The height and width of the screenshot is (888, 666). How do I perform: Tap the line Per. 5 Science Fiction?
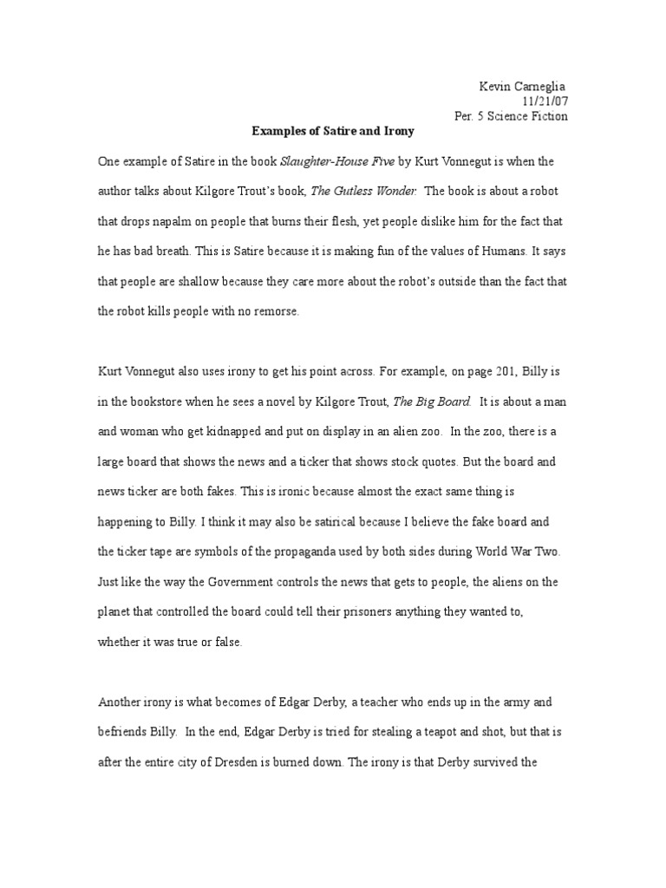click(x=511, y=116)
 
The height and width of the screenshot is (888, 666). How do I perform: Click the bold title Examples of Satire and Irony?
click(x=333, y=131)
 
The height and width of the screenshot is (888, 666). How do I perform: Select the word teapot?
click(x=395, y=731)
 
